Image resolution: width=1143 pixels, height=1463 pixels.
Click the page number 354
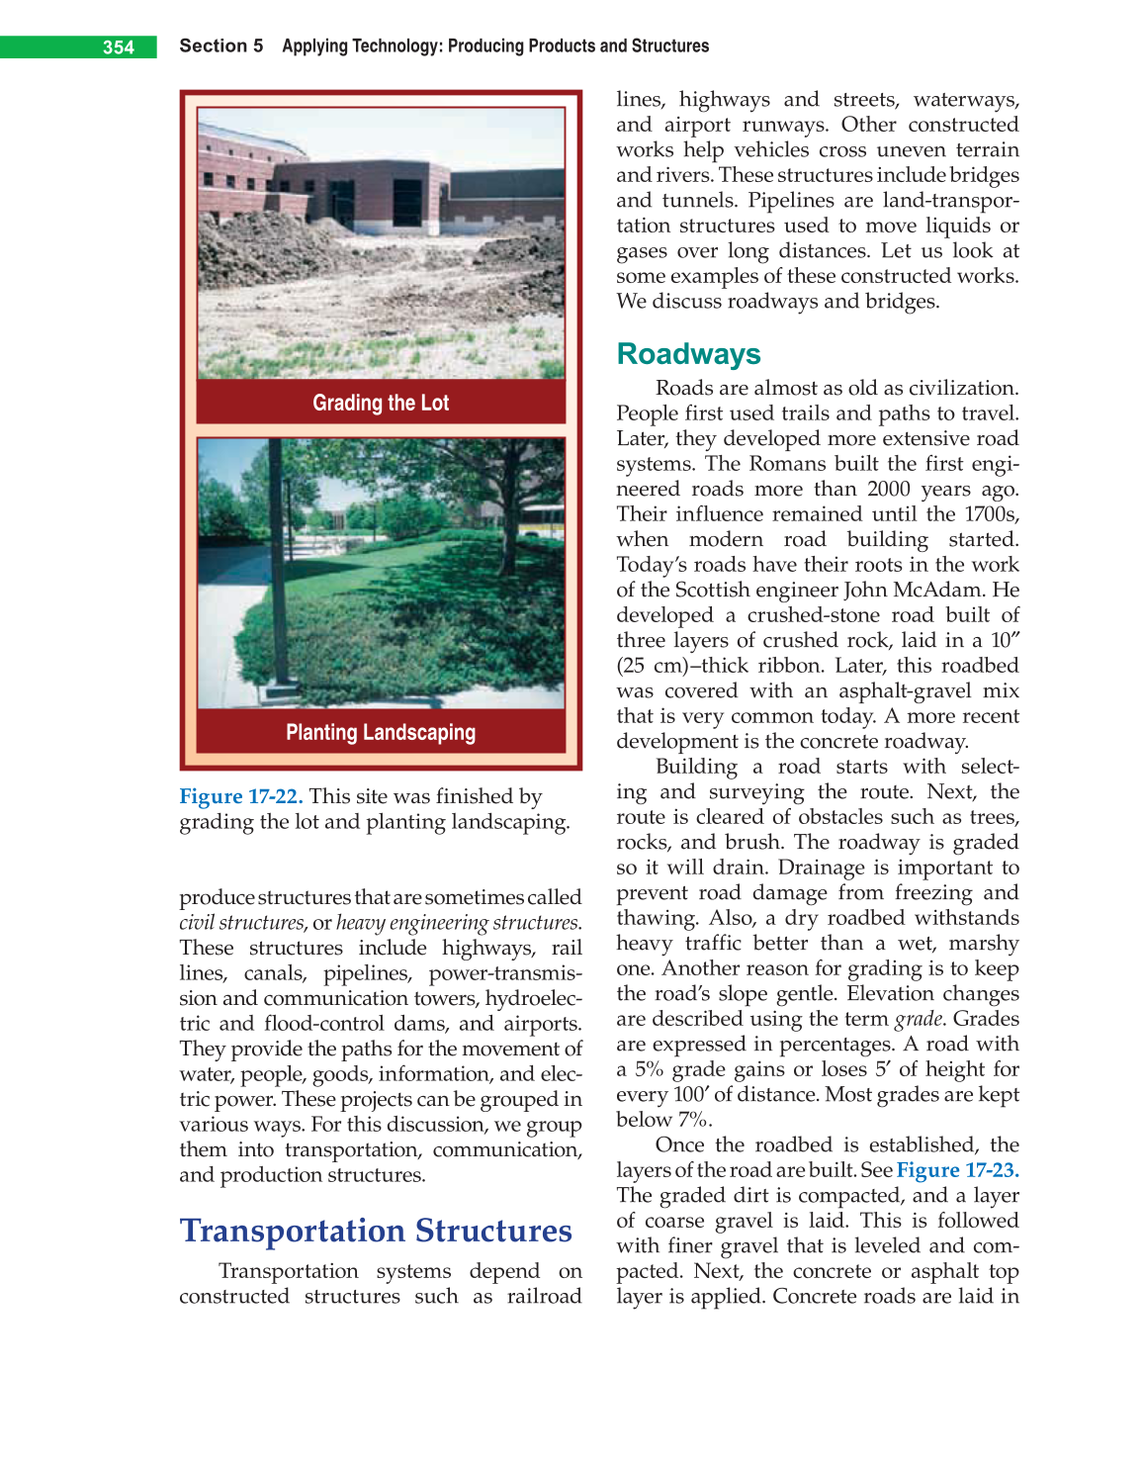pyautogui.click(x=118, y=47)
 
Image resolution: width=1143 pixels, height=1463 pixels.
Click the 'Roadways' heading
pyautogui.click(x=688, y=354)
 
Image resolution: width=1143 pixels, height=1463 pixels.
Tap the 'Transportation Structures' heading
pyautogui.click(x=376, y=1231)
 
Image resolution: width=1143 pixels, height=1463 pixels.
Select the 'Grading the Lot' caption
pyautogui.click(x=381, y=403)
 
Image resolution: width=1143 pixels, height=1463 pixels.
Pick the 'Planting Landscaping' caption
pyautogui.click(x=381, y=732)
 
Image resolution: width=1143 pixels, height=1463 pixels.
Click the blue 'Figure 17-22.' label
pyautogui.click(x=240, y=796)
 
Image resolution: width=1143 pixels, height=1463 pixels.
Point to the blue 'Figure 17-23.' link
pyautogui.click(x=957, y=1170)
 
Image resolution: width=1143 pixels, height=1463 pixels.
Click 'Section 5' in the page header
pyautogui.click(x=220, y=46)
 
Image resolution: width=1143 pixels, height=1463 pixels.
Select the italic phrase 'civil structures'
pyautogui.click(x=241, y=923)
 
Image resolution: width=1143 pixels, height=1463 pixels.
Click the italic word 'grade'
pyautogui.click(x=918, y=1019)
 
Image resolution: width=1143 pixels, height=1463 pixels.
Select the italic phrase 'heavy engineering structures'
pyautogui.click(x=457, y=923)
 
